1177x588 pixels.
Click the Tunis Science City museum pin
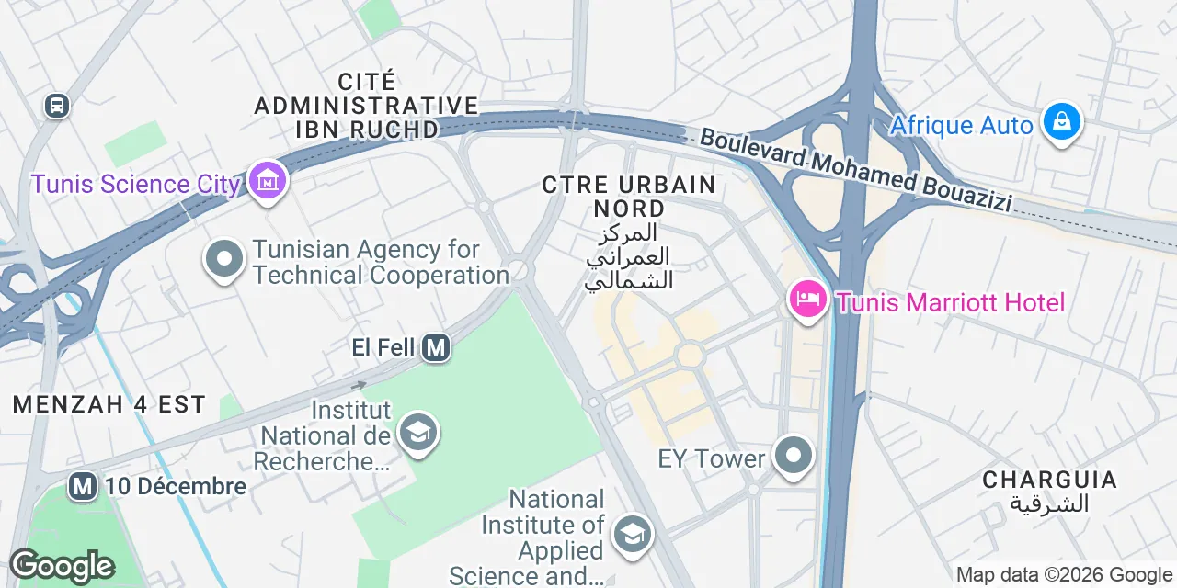click(x=268, y=181)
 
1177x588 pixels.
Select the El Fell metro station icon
click(x=436, y=347)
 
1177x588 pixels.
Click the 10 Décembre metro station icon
click(x=83, y=486)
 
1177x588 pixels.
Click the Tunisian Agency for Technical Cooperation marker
click(x=223, y=261)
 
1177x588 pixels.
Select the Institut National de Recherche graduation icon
click(x=418, y=433)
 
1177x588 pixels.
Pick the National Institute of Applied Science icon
click(x=632, y=535)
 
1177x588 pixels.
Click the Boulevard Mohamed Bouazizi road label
click(x=855, y=171)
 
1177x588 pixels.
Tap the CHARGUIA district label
click(x=1049, y=480)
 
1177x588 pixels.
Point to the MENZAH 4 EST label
click(x=109, y=403)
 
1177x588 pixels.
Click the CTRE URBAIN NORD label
click(x=629, y=195)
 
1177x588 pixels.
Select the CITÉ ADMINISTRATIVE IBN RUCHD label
click(x=366, y=105)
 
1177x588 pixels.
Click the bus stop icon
click(x=57, y=106)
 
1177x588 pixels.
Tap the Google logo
click(x=62, y=567)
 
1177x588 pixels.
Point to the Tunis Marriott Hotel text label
click(x=949, y=302)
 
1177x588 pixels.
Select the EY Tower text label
click(x=713, y=458)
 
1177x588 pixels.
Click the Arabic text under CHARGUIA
click(x=1049, y=503)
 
